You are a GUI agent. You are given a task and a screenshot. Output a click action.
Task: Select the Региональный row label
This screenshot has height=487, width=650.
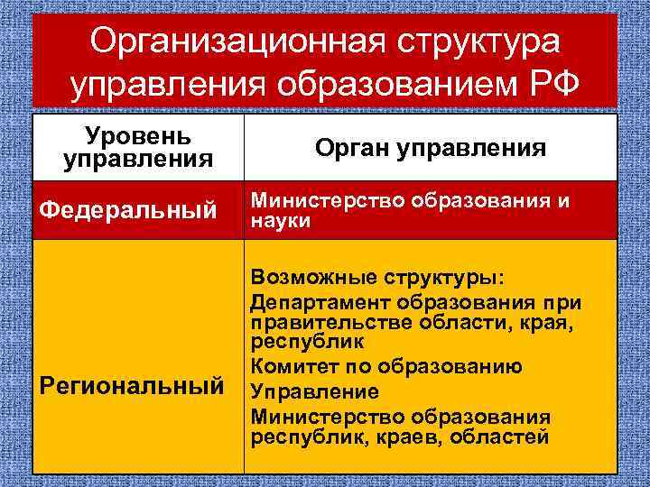coord(133,387)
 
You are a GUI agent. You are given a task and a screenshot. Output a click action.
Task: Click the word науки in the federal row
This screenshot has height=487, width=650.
coord(281,221)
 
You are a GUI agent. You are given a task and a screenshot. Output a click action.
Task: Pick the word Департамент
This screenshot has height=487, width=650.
coord(315,301)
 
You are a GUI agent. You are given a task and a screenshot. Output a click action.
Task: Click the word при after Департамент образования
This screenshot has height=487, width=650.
coord(562,301)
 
